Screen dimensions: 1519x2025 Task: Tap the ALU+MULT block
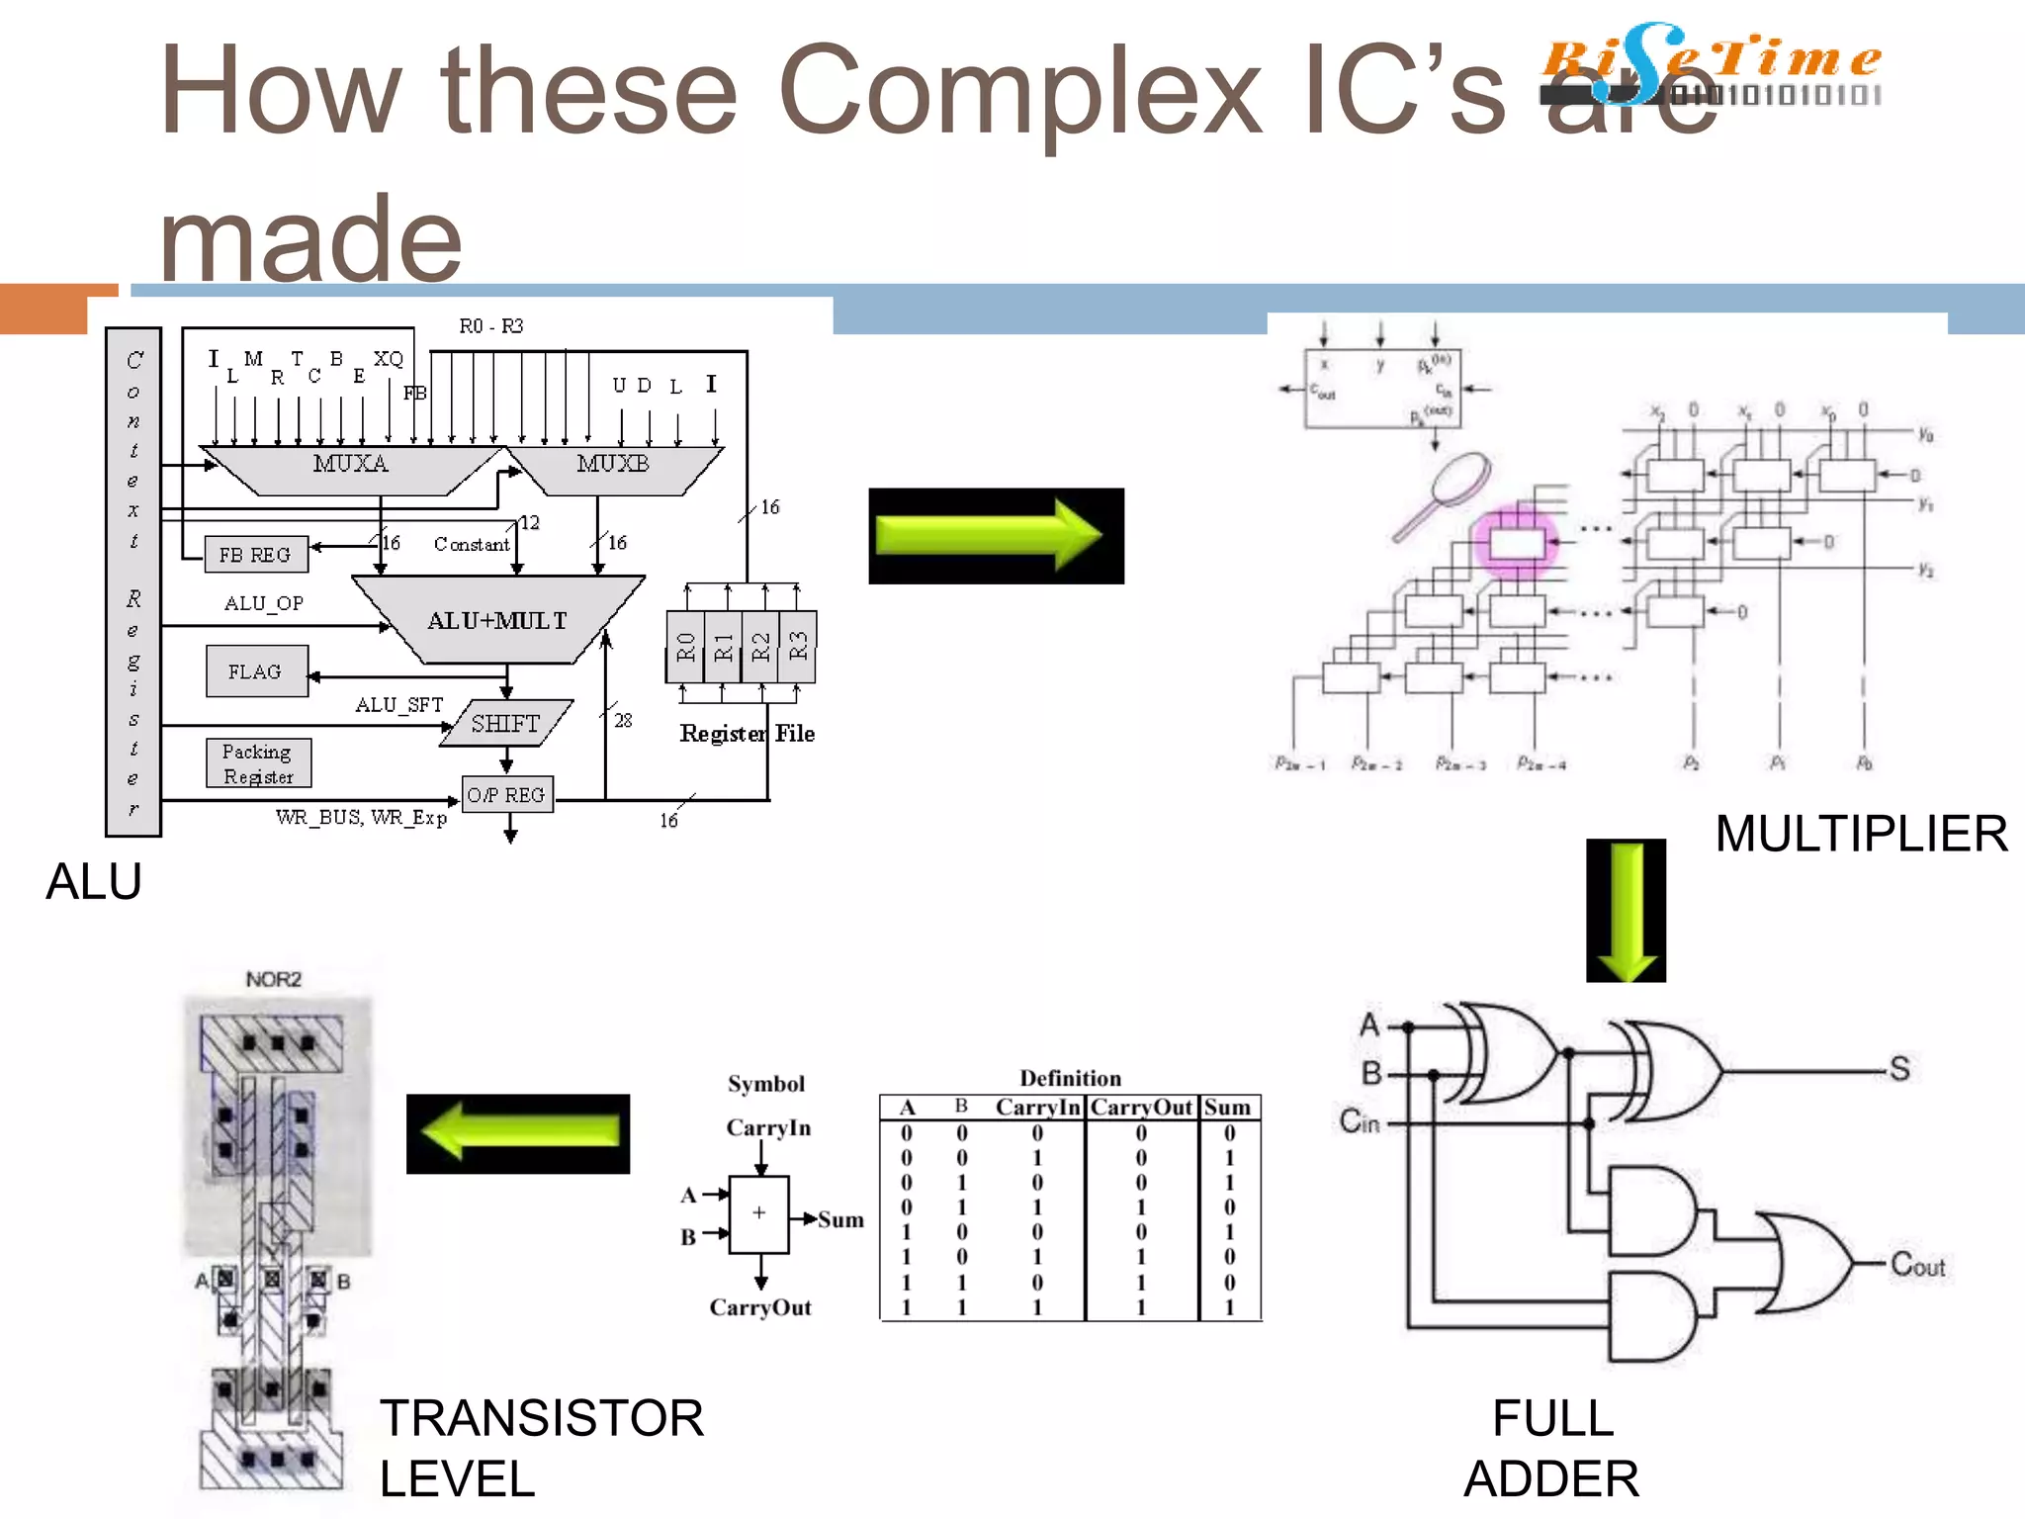pos(497,620)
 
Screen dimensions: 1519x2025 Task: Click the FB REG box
pos(255,555)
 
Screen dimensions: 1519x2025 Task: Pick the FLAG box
pos(256,671)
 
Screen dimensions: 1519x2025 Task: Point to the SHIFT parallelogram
pos(506,723)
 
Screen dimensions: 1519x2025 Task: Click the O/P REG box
pos(507,794)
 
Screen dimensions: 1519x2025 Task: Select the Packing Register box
pos(258,763)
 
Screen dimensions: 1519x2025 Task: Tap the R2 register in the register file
pos(760,647)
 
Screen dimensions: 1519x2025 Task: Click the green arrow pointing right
pos(995,535)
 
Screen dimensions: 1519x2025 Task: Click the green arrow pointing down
pos(1626,910)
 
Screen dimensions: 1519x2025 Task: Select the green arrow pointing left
pos(518,1133)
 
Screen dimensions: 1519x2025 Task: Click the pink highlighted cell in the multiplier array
pos(1517,543)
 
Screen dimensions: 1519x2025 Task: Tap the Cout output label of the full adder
pos(1916,1265)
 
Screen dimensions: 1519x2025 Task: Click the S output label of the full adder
pos(1898,1068)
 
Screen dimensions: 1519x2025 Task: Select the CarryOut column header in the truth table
pos(1141,1108)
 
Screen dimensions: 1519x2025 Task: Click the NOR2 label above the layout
pos(274,979)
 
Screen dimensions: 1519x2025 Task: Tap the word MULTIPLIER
pos(1861,834)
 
